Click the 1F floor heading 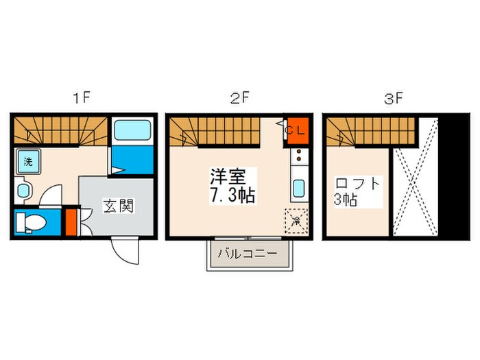point(82,99)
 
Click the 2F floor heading point(239,99)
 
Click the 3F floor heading point(393,99)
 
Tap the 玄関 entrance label point(118,204)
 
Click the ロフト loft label point(357,184)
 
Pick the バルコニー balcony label point(248,254)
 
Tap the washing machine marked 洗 point(28,162)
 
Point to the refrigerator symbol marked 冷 point(296,221)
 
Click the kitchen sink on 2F point(299,187)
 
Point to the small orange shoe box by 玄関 point(71,221)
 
